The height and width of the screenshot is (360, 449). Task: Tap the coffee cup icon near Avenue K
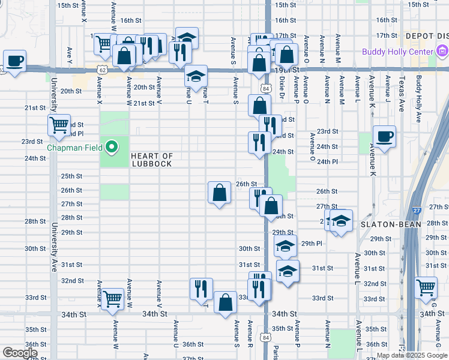coord(384,136)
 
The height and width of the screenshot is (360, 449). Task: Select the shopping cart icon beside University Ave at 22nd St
coord(59,125)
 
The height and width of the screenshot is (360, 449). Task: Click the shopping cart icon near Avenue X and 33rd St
coord(113,298)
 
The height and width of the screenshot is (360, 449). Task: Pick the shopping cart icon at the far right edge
coord(426,287)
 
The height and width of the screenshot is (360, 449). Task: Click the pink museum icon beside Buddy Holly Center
coord(442,51)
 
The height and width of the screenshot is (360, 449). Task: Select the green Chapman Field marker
coord(111,146)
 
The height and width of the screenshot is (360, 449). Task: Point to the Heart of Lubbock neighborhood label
coord(152,160)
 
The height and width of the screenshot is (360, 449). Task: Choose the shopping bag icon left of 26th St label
coord(220,193)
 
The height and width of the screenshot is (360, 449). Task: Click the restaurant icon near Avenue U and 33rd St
coord(201,289)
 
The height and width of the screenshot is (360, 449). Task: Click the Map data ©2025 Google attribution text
coord(411,355)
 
